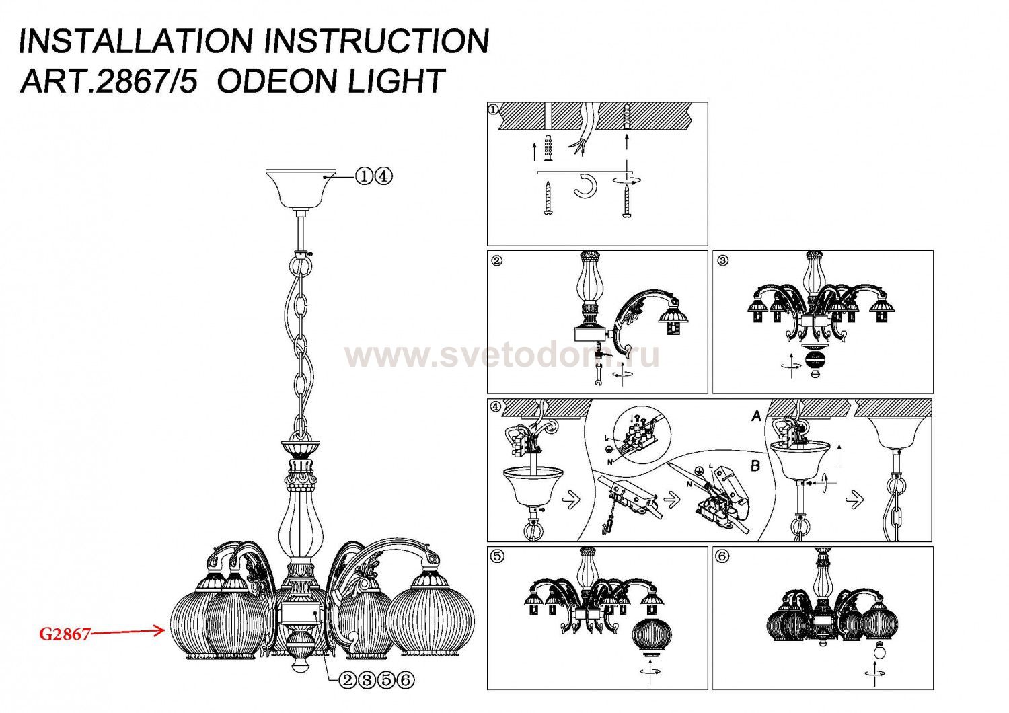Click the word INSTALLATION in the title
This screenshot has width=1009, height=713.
[x=135, y=41]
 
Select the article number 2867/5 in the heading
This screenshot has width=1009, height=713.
[x=147, y=81]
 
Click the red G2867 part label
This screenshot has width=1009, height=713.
[x=65, y=634]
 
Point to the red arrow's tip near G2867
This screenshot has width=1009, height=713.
[x=165, y=630]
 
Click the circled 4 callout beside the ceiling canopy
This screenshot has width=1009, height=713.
[x=383, y=176]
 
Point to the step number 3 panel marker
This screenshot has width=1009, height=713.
[x=722, y=261]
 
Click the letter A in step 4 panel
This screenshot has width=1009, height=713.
[x=756, y=416]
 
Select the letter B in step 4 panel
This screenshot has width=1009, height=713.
[x=755, y=465]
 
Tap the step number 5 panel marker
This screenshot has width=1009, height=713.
[x=497, y=556]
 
